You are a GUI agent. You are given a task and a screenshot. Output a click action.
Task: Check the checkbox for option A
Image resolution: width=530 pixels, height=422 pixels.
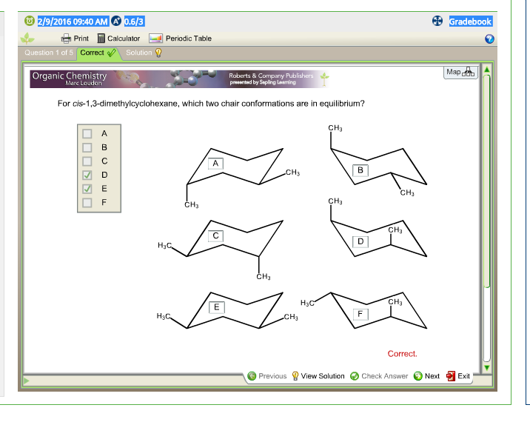[x=87, y=134]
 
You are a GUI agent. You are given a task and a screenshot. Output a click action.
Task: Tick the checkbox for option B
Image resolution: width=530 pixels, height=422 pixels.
[x=87, y=147]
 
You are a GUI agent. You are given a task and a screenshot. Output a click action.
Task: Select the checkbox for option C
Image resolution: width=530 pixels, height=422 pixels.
[x=87, y=161]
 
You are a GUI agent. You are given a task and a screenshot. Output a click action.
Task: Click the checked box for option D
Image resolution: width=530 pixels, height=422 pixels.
[x=87, y=175]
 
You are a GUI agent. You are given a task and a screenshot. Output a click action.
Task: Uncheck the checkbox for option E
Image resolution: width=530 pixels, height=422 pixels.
[x=87, y=188]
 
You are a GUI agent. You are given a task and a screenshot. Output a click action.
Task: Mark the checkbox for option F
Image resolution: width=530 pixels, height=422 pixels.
[x=87, y=201]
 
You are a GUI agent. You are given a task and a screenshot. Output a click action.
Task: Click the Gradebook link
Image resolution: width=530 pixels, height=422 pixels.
[x=470, y=21]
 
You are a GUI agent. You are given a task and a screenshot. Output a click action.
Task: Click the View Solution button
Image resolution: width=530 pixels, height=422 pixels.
[x=318, y=376]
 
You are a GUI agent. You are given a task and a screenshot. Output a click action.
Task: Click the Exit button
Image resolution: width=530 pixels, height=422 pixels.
[x=458, y=376]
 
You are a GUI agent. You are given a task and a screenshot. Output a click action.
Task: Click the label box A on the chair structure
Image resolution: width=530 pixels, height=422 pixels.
[x=215, y=162]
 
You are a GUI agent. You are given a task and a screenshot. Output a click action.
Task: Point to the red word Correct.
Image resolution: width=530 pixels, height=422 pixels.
[x=402, y=354]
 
